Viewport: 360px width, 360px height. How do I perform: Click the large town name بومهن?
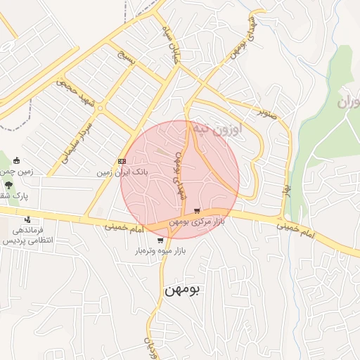[x=182, y=290]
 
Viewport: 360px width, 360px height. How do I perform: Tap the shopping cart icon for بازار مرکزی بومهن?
[x=198, y=211]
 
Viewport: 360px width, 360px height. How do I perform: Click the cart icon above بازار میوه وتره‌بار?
[x=160, y=240]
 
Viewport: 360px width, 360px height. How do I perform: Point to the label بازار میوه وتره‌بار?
[x=160, y=250]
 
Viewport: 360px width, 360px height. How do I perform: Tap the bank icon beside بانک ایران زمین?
[x=122, y=161]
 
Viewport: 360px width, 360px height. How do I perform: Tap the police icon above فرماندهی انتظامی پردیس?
[x=27, y=219]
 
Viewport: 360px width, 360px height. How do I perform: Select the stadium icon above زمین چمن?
[x=16, y=160]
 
